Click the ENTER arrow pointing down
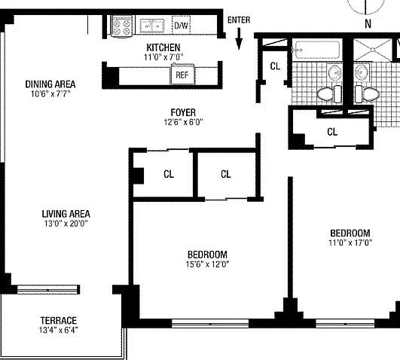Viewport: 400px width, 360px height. point(239,38)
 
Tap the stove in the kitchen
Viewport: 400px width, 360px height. point(122,26)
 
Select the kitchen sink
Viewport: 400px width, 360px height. point(152,26)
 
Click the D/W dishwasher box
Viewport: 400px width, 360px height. point(182,25)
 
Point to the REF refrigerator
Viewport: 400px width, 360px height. point(182,75)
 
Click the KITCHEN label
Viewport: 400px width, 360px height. point(163,47)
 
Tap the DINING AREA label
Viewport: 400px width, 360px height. point(50,84)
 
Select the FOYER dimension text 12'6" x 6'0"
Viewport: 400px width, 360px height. point(183,122)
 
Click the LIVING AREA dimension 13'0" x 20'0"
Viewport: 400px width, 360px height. point(66,224)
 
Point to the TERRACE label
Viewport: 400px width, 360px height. point(59,320)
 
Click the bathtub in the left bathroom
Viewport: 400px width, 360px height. point(317,50)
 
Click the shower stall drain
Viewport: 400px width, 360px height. point(373,50)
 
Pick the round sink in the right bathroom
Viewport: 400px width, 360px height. point(362,72)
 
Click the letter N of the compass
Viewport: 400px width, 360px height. point(368,24)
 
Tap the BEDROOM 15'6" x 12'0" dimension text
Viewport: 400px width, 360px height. point(207,264)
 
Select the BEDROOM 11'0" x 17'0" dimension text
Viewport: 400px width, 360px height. point(350,243)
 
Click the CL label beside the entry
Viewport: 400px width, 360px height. point(275,66)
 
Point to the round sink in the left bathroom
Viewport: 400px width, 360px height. point(335,72)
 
